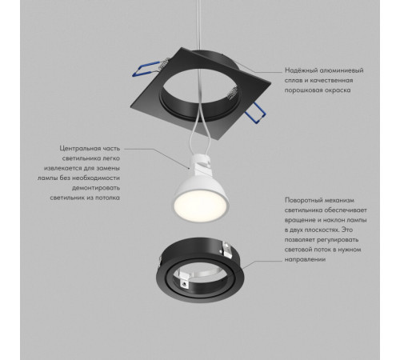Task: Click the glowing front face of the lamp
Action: pyautogui.click(x=201, y=206)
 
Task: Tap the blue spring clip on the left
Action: pyautogui.click(x=146, y=70)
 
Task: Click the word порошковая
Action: pyautogui.click(x=303, y=90)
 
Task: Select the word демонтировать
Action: pyautogui.click(x=96, y=188)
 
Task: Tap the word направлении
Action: pyautogui.click(x=305, y=260)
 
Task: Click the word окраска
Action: pyautogui.click(x=338, y=90)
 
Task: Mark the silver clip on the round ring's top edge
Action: pyautogui.click(x=226, y=250)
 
